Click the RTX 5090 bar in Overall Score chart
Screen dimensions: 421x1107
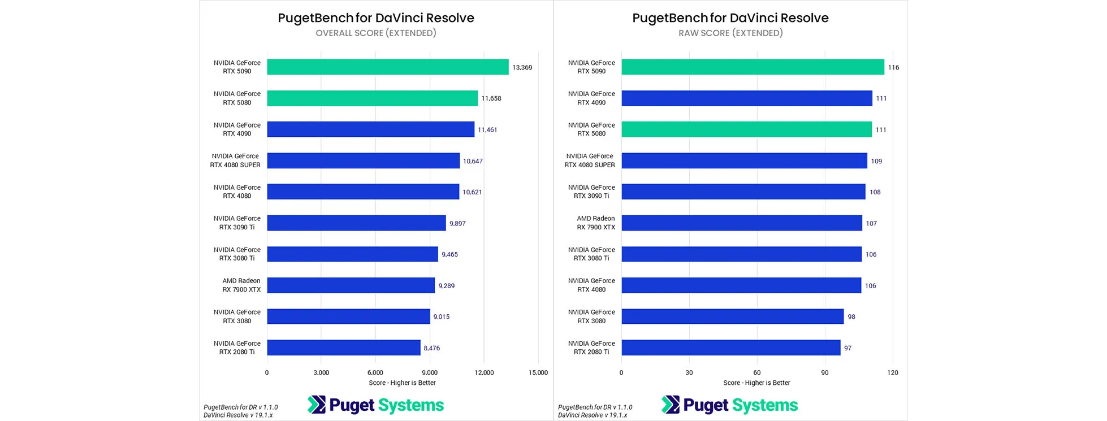[x=387, y=67]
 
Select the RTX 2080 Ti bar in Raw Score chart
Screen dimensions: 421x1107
[x=730, y=348]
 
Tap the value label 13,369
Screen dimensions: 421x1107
[x=522, y=67]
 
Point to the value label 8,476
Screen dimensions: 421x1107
[x=431, y=348]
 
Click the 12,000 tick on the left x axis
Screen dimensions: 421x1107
[x=484, y=372]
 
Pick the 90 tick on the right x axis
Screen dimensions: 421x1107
[x=825, y=372]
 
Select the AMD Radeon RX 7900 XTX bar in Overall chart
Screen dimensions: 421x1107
[x=351, y=285]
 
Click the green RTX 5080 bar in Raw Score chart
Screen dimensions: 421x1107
[x=746, y=129]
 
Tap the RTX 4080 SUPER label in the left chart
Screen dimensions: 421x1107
[x=235, y=160]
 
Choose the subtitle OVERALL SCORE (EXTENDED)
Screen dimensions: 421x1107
[x=376, y=33]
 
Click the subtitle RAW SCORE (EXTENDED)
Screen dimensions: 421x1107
[x=730, y=33]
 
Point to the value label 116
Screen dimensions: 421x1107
[x=893, y=67]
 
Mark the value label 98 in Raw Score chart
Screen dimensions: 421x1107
[x=851, y=317]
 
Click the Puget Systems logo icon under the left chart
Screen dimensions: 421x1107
[x=317, y=405]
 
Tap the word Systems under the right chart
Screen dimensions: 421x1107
[x=765, y=405]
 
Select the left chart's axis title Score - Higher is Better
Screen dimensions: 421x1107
[x=402, y=383]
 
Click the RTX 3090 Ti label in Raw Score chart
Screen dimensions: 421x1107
[x=591, y=192]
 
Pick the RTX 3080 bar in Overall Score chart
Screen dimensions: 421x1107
[x=348, y=316]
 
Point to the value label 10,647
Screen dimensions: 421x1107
[x=473, y=161]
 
